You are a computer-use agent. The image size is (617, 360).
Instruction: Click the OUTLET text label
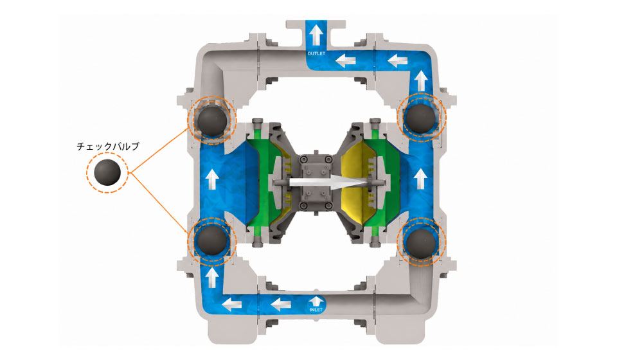click(x=316, y=53)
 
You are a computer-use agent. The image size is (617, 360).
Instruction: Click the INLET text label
click(x=316, y=310)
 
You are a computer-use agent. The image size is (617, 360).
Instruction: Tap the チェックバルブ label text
click(x=108, y=147)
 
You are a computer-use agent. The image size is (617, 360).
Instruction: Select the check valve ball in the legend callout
click(x=107, y=172)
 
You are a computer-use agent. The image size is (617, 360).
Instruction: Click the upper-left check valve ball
click(x=211, y=121)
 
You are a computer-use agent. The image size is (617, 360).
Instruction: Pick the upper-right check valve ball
click(x=421, y=118)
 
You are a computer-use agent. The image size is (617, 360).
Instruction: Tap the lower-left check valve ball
click(x=211, y=240)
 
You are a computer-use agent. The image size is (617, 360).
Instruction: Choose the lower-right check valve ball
click(x=421, y=244)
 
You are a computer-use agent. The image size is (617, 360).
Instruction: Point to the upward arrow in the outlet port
click(x=316, y=35)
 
